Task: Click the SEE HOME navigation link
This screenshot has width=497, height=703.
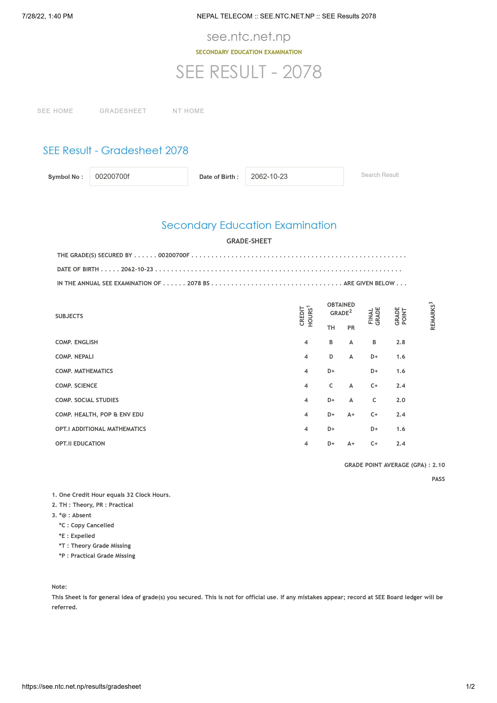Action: pyautogui.click(x=55, y=111)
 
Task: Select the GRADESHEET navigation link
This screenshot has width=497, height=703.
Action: pyautogui.click(x=123, y=111)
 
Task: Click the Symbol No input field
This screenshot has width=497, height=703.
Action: pyautogui.click(x=139, y=176)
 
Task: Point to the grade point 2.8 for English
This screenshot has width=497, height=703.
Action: pyautogui.click(x=401, y=342)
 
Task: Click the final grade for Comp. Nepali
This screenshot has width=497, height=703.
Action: pyautogui.click(x=374, y=357)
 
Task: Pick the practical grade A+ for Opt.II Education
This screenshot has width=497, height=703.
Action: pyautogui.click(x=351, y=444)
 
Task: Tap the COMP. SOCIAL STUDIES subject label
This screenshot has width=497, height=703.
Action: pyautogui.click(x=87, y=400)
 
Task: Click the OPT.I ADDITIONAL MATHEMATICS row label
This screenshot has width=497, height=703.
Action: pyautogui.click(x=100, y=429)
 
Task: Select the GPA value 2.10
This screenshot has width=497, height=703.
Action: pyautogui.click(x=438, y=465)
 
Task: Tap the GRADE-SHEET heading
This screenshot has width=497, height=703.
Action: pyautogui.click(x=249, y=241)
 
